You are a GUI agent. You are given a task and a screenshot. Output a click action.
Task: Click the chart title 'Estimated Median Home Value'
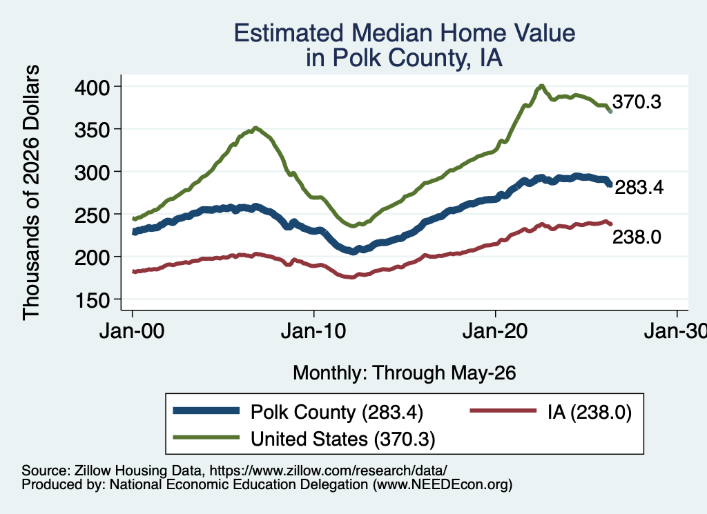405,33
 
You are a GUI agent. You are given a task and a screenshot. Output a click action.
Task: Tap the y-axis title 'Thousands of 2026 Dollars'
31,192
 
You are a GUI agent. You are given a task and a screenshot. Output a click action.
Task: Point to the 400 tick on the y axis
93,87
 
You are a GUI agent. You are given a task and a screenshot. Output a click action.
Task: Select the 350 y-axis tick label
93,130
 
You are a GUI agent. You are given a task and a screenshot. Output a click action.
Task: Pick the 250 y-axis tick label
93,215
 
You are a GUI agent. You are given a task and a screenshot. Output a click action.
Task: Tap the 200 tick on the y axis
93,257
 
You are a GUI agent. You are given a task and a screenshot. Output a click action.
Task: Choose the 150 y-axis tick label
93,300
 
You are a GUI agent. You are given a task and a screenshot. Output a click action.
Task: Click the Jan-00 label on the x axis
132,331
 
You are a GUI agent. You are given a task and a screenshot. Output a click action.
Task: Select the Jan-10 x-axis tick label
313,331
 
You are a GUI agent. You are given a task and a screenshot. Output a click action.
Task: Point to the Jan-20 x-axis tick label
495,331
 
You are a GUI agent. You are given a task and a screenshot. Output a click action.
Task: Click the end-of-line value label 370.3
637,102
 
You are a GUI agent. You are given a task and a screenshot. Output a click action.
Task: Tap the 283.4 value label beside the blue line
639,188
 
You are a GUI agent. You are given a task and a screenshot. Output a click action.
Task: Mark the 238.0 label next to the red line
637,237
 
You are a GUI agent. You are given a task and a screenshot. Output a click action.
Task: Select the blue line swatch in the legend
206,411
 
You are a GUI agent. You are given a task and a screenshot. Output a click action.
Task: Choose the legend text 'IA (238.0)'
590,412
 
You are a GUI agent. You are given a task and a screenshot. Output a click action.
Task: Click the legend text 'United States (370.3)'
342,439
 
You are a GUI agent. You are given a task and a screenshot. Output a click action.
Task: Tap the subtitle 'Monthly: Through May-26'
405,373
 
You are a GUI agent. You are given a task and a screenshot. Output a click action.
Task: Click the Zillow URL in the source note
328,471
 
